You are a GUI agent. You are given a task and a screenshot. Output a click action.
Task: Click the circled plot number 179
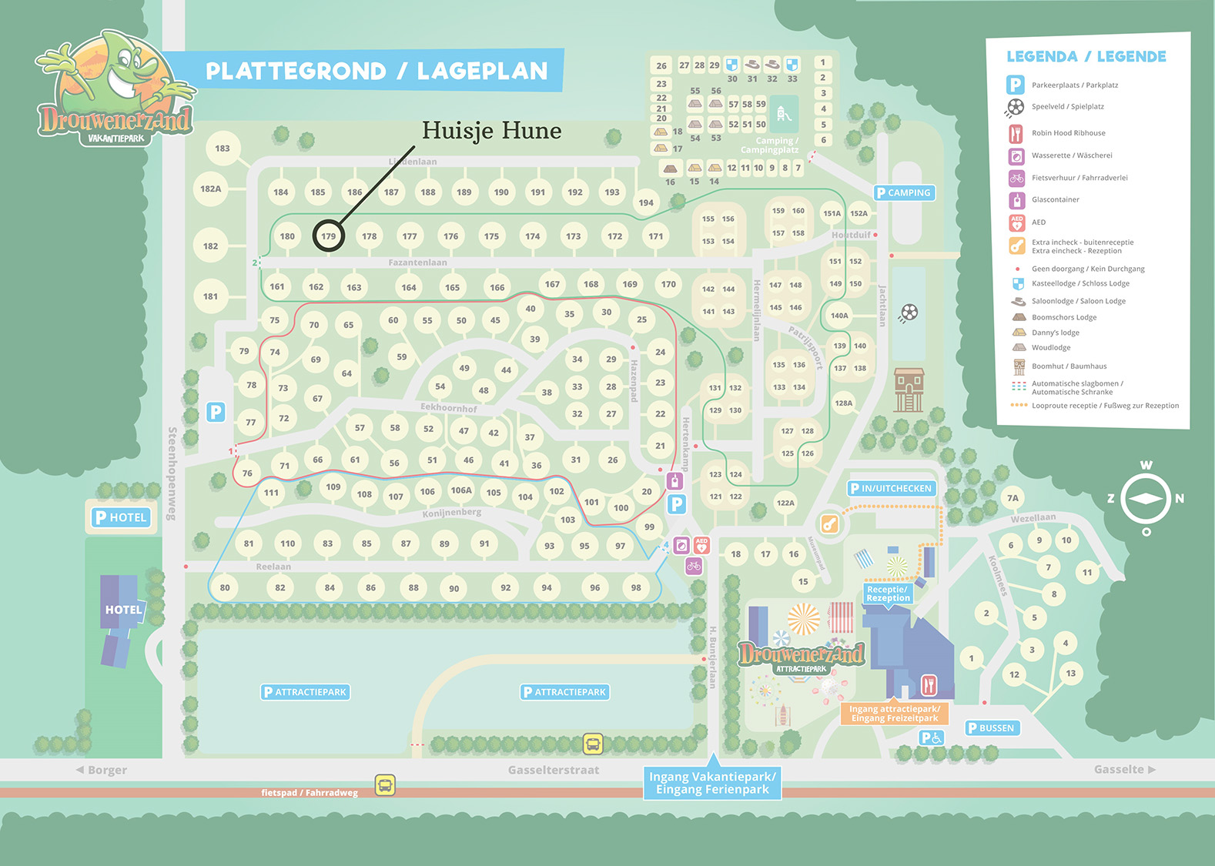[329, 236]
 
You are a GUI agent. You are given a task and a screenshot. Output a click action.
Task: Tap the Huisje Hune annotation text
[491, 130]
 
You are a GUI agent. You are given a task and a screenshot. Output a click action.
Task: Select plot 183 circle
[223, 148]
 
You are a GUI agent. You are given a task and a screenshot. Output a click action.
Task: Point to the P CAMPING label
[904, 192]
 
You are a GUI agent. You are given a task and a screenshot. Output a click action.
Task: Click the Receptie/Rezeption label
[888, 593]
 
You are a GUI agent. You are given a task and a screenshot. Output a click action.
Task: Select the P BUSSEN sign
[992, 727]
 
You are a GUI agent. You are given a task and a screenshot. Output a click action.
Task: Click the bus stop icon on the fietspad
[385, 784]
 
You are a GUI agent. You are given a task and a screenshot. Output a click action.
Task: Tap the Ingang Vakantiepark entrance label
[712, 783]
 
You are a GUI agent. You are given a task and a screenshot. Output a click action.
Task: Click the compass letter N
[1179, 499]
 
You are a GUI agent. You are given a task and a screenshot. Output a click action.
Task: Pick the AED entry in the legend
[1039, 222]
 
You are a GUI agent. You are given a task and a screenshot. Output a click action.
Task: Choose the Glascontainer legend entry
[1055, 199]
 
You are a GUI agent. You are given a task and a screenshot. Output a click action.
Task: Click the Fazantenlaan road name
[417, 262]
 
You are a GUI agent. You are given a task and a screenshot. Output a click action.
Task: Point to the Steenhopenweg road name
[172, 473]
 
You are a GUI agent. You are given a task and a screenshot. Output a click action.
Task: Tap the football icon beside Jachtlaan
[909, 312]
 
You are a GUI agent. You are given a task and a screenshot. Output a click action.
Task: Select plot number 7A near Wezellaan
[1012, 498]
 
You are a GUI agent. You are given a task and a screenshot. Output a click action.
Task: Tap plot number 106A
[461, 490]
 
